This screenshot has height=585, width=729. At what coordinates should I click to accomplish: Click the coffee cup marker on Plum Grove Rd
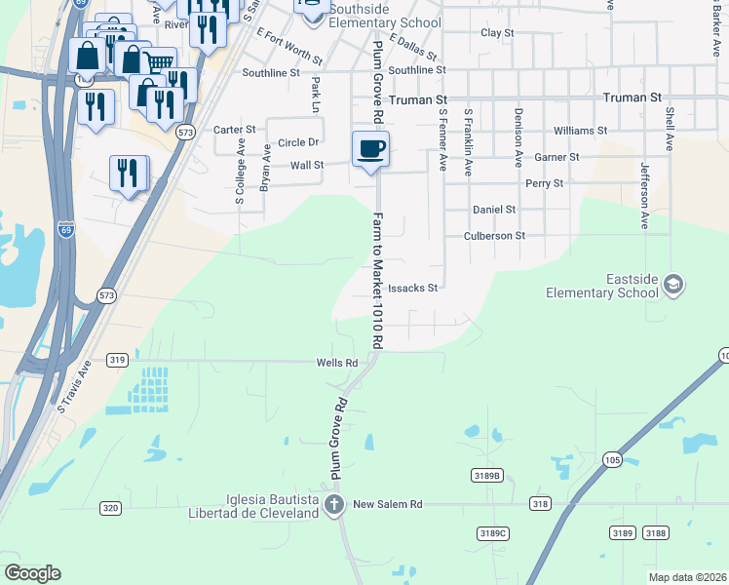tap(370, 150)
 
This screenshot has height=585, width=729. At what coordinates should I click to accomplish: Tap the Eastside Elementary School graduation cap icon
tap(671, 284)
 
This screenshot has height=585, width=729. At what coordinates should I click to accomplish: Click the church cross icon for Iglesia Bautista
tap(334, 504)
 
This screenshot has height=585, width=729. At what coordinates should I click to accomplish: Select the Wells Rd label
tap(337, 363)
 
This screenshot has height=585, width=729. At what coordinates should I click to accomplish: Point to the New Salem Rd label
tap(387, 504)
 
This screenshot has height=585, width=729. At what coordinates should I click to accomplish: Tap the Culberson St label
tap(494, 236)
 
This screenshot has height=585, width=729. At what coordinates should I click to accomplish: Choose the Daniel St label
tap(493, 210)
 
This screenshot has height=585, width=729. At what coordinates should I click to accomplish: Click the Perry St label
tap(544, 183)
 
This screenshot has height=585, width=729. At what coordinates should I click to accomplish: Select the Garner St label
tap(556, 157)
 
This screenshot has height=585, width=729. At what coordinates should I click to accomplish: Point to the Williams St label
tap(579, 130)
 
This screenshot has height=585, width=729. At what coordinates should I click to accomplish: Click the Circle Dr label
tap(298, 142)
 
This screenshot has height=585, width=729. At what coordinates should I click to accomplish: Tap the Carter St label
tap(234, 130)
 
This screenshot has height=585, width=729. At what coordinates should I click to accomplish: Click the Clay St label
tap(497, 33)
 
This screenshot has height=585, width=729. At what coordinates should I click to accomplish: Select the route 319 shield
tap(117, 360)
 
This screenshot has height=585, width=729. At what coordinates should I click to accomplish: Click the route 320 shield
tap(110, 508)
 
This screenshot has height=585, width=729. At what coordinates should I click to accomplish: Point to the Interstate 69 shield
tap(66, 230)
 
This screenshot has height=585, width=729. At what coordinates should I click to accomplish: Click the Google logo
tap(33, 573)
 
